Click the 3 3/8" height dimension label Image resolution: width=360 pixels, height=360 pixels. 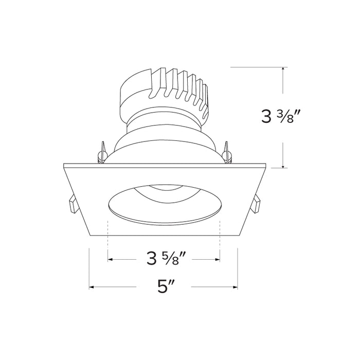pos(281,117)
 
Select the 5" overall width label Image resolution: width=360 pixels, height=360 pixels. pos(164,286)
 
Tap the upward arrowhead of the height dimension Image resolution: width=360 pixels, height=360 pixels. pos(283,70)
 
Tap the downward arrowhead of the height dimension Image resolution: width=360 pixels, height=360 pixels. pos(283,165)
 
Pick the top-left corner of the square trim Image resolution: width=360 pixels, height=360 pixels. pos(64,165)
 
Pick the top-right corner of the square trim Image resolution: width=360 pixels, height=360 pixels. pos(265,165)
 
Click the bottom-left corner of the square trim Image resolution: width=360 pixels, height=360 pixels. pos(92,236)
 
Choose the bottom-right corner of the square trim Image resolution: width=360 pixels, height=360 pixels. pos(237,236)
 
